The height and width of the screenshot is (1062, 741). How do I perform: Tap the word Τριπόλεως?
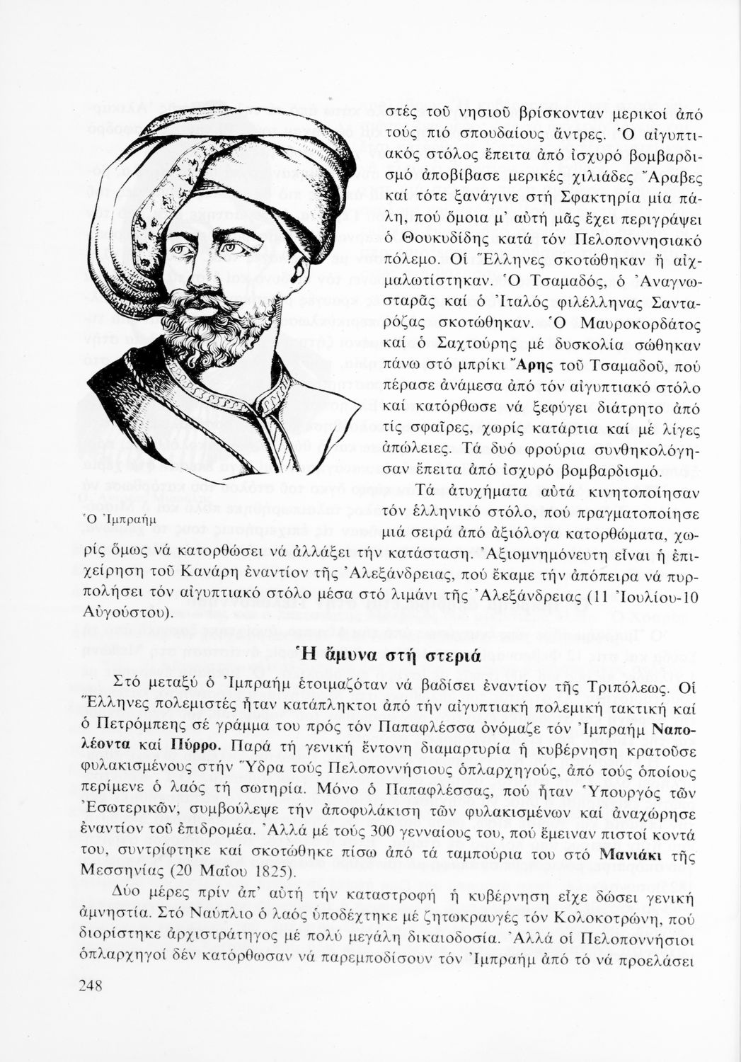point(630,687)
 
